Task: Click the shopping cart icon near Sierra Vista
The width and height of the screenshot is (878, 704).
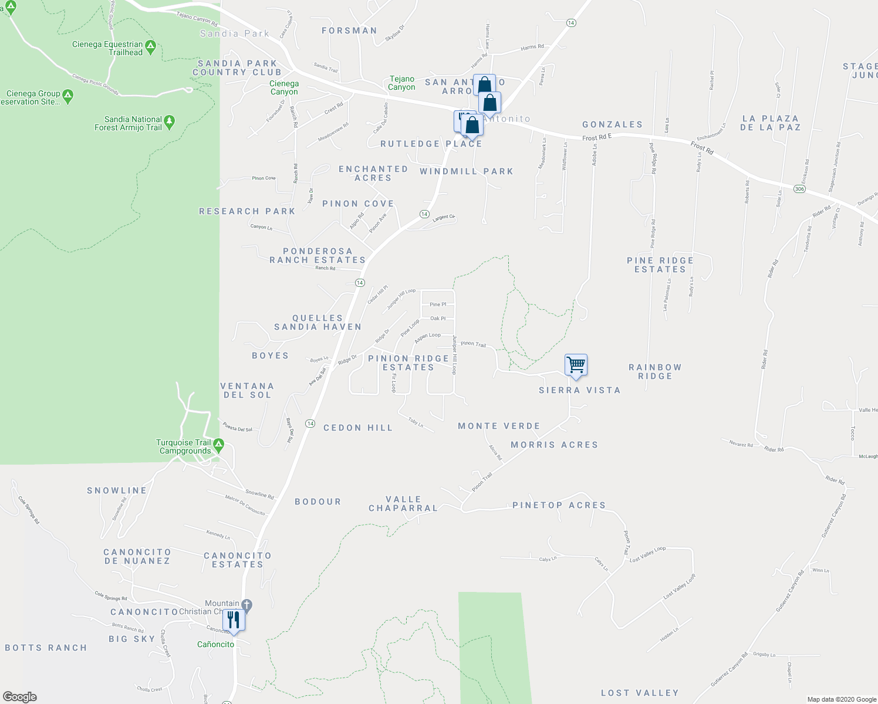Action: pyautogui.click(x=576, y=364)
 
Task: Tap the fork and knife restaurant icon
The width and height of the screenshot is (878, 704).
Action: pyautogui.click(x=234, y=620)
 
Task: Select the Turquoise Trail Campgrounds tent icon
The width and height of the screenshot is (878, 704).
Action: pyautogui.click(x=218, y=444)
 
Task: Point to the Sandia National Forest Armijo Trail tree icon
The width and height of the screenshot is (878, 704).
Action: pyautogui.click(x=170, y=121)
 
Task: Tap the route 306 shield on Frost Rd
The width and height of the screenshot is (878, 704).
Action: pyautogui.click(x=799, y=189)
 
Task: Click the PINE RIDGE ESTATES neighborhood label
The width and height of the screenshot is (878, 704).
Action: pyautogui.click(x=660, y=265)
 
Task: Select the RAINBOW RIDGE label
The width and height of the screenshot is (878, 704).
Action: pyautogui.click(x=655, y=372)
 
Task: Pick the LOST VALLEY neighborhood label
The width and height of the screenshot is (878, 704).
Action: pyautogui.click(x=640, y=693)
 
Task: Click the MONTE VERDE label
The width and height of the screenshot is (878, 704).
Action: pyautogui.click(x=499, y=427)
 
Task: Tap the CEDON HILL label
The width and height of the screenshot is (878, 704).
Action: pyautogui.click(x=358, y=428)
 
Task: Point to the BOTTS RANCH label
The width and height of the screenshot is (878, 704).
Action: pyautogui.click(x=46, y=648)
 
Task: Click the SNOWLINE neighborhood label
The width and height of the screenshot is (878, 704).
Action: pyautogui.click(x=117, y=491)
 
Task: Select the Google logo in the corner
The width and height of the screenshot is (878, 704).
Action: pyautogui.click(x=20, y=697)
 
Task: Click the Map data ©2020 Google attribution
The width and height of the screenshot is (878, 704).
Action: pyautogui.click(x=842, y=699)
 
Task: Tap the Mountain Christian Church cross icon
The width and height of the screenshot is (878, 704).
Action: pyautogui.click(x=246, y=604)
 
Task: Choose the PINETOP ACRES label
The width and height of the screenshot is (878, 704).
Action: pyautogui.click(x=559, y=505)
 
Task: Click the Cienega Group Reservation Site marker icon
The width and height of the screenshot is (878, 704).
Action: pyautogui.click(x=67, y=95)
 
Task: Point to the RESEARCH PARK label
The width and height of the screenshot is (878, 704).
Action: pyautogui.click(x=247, y=211)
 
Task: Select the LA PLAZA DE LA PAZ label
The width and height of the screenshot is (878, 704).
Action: pyautogui.click(x=771, y=123)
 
